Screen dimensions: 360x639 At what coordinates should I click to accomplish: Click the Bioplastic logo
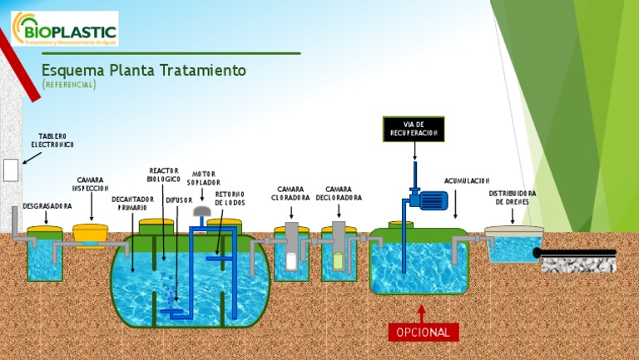(x=64, y=28)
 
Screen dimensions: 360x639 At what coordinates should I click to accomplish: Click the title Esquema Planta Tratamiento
(x=144, y=71)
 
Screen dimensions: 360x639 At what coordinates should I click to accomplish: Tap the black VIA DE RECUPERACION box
(x=414, y=129)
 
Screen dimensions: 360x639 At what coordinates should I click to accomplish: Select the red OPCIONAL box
(x=423, y=332)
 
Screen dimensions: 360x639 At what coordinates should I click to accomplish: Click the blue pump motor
(x=431, y=200)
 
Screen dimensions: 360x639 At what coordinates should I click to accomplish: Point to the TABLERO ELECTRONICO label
(x=52, y=141)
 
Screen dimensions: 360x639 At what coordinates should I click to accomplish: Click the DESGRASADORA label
(x=47, y=205)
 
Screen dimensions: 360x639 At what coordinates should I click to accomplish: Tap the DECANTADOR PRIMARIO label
(x=132, y=204)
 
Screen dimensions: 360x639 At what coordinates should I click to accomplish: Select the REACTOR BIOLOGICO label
(x=164, y=175)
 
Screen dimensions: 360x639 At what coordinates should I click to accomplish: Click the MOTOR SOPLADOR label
(x=204, y=178)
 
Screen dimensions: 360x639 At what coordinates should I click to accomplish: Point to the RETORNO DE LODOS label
(x=230, y=199)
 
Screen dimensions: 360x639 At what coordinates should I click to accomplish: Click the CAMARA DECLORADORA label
(x=339, y=194)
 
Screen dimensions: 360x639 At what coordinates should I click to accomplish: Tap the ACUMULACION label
(x=467, y=180)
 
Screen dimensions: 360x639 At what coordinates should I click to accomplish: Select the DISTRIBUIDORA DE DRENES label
(x=513, y=197)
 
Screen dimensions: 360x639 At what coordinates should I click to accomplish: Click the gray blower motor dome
(x=202, y=211)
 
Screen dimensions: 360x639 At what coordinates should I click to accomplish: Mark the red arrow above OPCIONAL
(x=422, y=313)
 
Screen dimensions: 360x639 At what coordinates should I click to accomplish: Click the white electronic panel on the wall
(x=10, y=170)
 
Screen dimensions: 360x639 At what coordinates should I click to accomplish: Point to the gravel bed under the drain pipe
(x=578, y=264)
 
